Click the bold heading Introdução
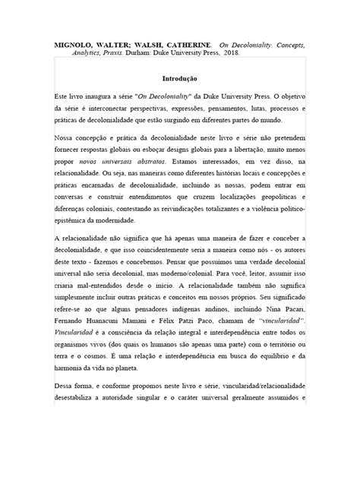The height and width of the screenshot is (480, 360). pos(180,78)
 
